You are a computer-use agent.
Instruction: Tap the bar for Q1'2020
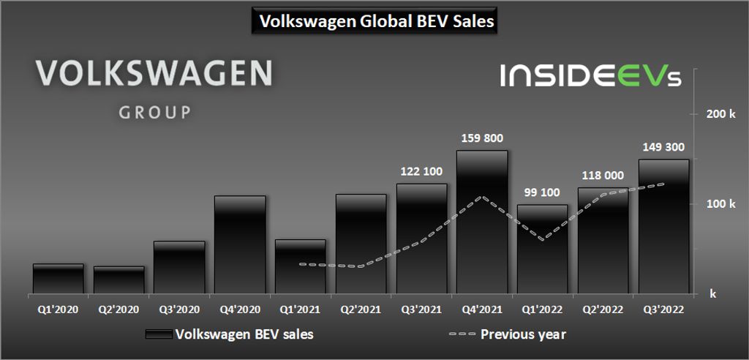tap(58, 278)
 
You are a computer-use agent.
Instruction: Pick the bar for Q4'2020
tap(240, 245)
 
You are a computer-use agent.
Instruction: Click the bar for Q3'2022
tap(663, 227)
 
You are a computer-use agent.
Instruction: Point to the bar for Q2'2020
tap(118, 280)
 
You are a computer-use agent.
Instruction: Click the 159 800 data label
tap(482, 138)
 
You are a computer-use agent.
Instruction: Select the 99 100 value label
tap(542, 192)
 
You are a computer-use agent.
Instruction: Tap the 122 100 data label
tap(421, 171)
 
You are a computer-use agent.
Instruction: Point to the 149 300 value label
tap(663, 146)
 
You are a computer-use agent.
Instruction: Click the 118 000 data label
tap(603, 176)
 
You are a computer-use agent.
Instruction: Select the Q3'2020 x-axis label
tap(179, 310)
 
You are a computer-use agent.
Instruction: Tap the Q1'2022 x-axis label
tap(542, 310)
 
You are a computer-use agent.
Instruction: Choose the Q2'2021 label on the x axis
tap(361, 310)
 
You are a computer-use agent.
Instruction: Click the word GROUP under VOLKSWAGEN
tap(154, 113)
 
